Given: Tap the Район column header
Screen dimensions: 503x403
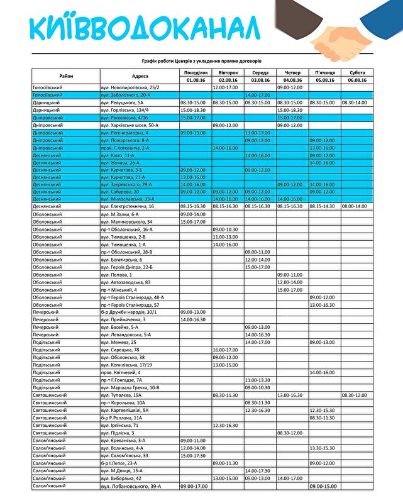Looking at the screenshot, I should (x=66, y=76).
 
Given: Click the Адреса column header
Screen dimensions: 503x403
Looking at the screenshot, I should (x=140, y=76).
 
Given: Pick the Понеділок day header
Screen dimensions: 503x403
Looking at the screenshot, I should (x=195, y=73).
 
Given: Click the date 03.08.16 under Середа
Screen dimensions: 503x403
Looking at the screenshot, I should (x=260, y=80).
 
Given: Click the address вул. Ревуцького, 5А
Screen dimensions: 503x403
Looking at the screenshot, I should (x=123, y=102).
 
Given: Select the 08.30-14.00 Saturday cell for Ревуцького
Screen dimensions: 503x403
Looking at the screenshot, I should (x=356, y=102).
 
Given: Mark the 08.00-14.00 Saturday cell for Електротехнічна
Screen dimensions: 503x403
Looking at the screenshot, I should (x=356, y=206).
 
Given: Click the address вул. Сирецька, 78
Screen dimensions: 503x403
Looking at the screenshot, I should (x=119, y=350).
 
